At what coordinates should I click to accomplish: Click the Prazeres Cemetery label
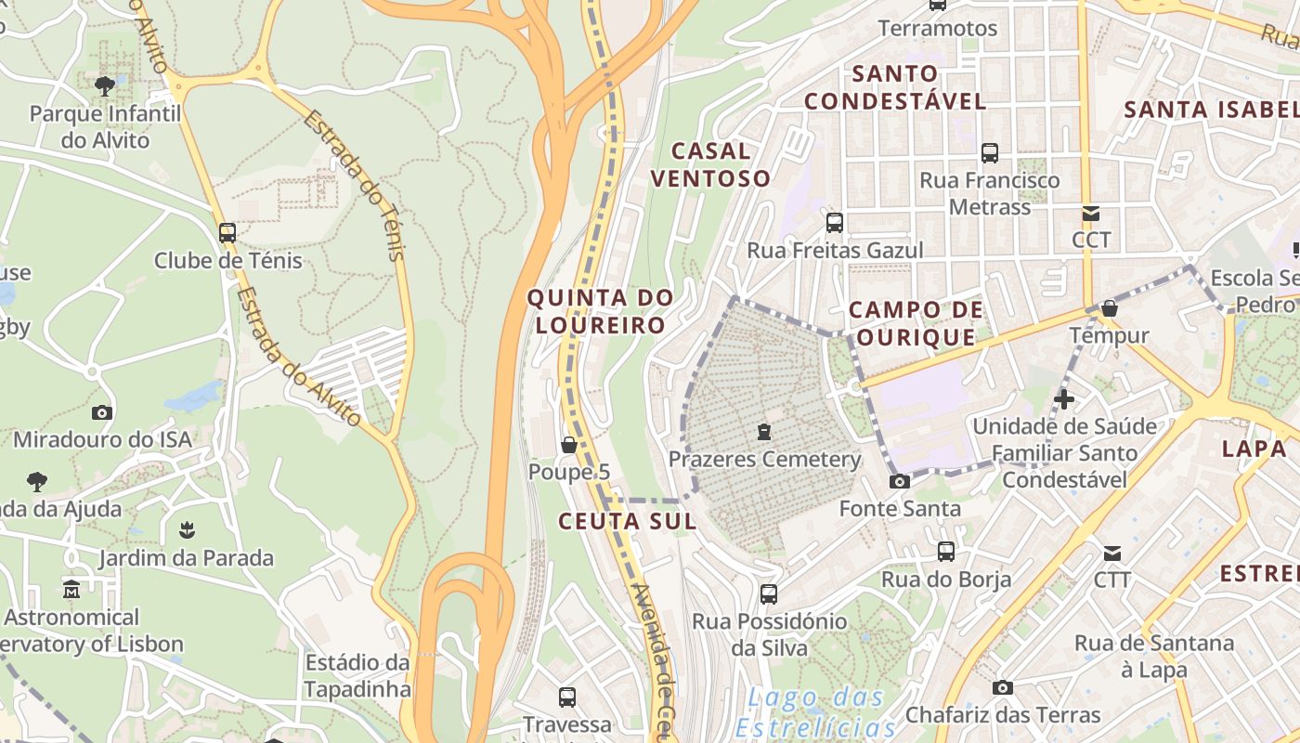[765, 460]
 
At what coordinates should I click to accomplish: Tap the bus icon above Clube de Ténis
[227, 233]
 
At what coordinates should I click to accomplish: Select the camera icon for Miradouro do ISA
[102, 412]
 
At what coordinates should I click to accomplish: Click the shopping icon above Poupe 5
[569, 446]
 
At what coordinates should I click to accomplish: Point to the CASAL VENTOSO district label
[710, 164]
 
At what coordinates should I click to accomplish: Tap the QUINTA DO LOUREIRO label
[600, 312]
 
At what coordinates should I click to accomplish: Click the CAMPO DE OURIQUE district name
[916, 323]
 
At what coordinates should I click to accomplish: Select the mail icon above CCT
[1090, 214]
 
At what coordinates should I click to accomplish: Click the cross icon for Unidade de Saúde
[1064, 400]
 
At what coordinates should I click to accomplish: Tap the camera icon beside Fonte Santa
[899, 481]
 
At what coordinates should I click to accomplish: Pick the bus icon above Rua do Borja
[945, 552]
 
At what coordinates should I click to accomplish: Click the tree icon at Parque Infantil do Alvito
[105, 86]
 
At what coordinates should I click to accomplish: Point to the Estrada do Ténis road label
[355, 186]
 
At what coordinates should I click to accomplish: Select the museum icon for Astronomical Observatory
[71, 590]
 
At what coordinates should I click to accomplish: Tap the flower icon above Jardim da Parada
[187, 530]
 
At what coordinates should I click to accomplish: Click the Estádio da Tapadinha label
[357, 676]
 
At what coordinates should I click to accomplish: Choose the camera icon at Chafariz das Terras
[1002, 687]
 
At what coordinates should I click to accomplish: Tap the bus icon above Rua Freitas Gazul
[835, 223]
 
